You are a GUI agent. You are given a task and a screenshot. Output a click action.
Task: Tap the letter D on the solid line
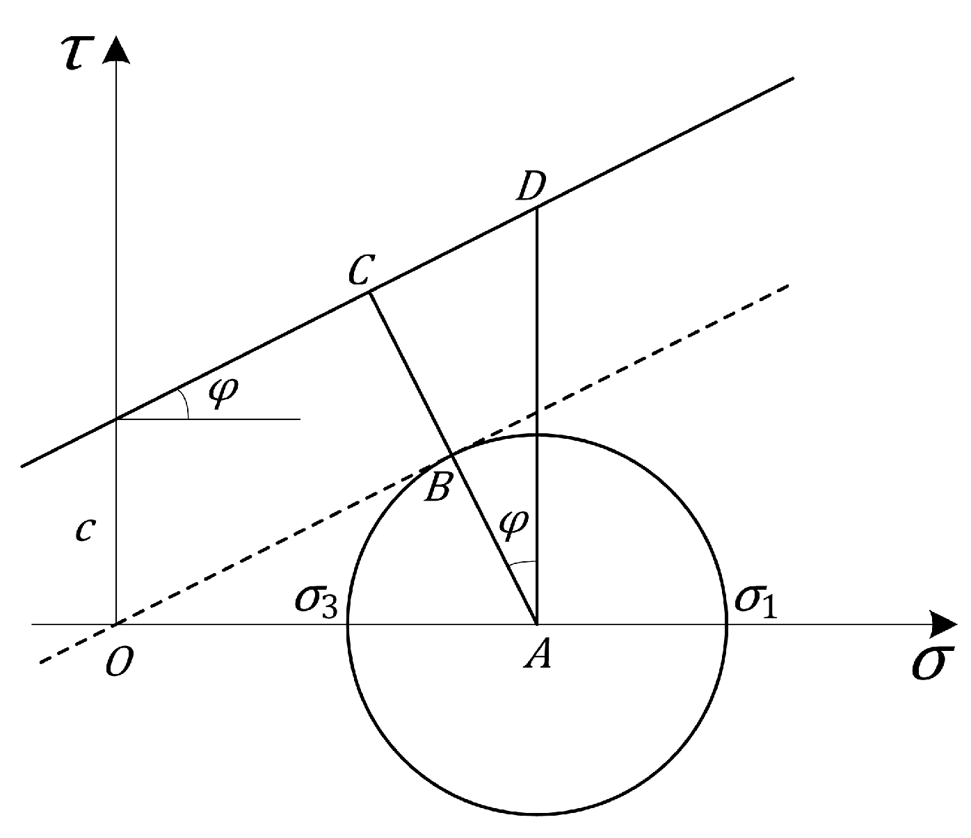pos(530,187)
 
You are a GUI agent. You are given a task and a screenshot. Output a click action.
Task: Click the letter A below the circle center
pos(538,654)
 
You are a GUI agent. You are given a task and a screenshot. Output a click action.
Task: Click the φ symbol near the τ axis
pos(223,393)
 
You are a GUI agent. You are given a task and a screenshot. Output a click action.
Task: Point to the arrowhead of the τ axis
pos(118,50)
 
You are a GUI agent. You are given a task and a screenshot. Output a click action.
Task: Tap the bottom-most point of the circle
pos(537,814)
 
